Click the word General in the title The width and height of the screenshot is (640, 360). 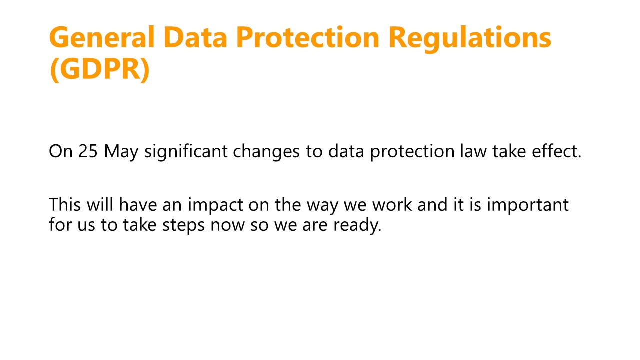[102, 37]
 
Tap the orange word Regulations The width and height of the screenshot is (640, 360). [470, 39]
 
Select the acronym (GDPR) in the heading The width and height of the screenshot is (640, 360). [99, 69]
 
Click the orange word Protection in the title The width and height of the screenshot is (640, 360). [308, 37]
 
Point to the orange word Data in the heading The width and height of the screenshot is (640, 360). [195, 37]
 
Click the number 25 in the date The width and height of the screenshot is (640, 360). [88, 151]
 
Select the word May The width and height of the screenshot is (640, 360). [121, 153]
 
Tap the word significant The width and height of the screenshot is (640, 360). [186, 152]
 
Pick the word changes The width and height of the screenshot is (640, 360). [266, 152]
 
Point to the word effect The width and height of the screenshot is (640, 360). [556, 150]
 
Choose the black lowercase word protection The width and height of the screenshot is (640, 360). [412, 152]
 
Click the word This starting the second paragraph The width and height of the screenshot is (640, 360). [65, 204]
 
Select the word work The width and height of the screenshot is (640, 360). [392, 204]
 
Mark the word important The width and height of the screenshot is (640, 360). [528, 206]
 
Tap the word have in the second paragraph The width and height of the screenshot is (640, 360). [138, 204]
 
